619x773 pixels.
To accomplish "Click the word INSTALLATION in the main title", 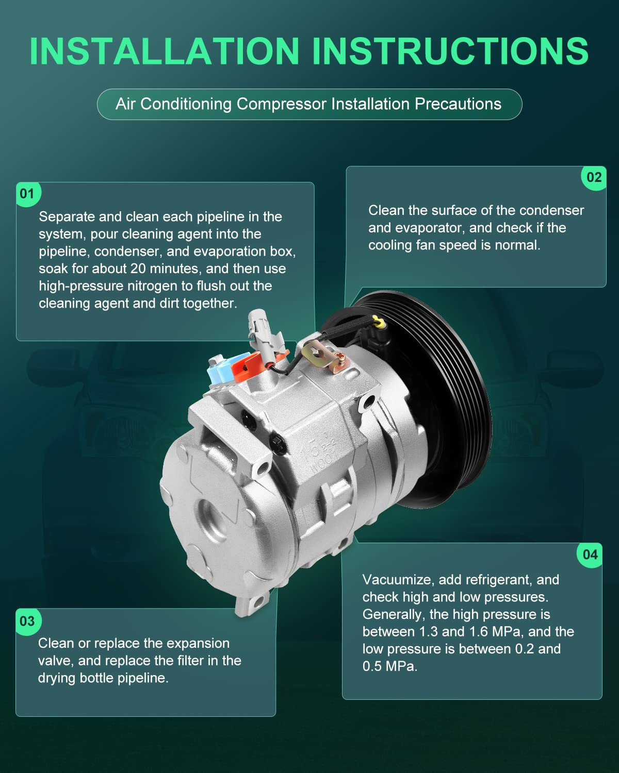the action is click(164, 51).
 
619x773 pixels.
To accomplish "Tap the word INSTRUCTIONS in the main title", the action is click(450, 51).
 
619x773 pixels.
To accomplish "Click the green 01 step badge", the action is click(28, 194).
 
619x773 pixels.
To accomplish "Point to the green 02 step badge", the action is click(594, 178).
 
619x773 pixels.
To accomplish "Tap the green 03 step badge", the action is click(28, 621).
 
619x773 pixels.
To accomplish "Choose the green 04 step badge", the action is click(590, 555).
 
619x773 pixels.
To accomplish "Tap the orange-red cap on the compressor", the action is click(247, 367).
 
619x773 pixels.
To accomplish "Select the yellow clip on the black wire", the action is click(379, 322).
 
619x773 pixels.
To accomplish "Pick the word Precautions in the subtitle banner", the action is click(458, 105).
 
